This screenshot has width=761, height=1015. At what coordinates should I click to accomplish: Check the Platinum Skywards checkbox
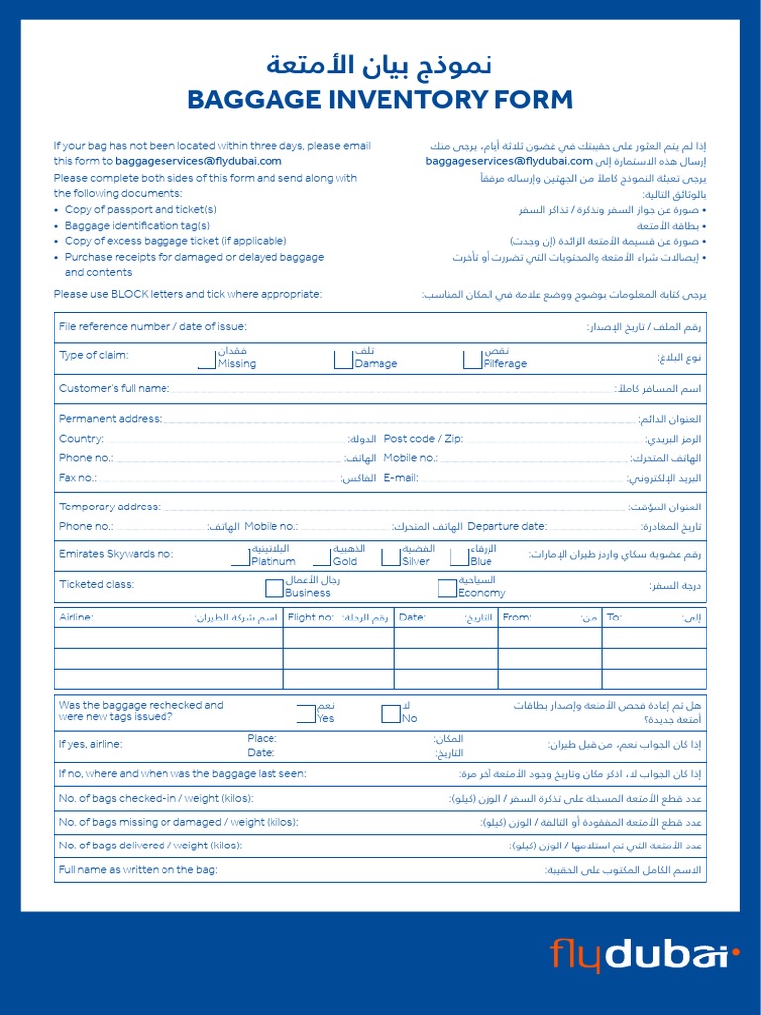click(239, 557)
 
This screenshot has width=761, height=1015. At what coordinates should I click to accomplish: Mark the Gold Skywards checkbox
click(321, 557)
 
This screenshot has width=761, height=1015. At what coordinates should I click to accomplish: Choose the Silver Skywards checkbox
click(391, 557)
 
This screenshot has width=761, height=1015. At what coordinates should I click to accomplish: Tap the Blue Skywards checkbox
click(459, 557)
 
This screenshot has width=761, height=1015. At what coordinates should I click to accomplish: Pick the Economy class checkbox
click(447, 589)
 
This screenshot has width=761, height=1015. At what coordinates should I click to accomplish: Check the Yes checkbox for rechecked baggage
click(306, 714)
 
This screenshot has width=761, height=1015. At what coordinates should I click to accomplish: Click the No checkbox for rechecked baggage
click(390, 714)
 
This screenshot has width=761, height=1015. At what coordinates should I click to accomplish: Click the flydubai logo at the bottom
click(645, 956)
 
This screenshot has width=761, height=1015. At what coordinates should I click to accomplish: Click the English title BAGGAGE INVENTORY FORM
click(380, 99)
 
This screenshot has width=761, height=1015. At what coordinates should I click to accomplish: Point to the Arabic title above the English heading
click(380, 66)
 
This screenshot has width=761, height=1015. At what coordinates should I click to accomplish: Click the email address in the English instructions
click(198, 161)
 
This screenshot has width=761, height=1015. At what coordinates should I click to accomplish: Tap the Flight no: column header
click(310, 618)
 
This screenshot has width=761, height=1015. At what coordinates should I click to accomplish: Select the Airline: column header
click(76, 618)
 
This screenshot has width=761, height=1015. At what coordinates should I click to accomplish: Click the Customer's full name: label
click(114, 388)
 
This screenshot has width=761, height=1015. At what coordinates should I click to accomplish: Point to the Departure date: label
click(506, 526)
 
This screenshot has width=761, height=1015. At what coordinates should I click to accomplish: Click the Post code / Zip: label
click(423, 438)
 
